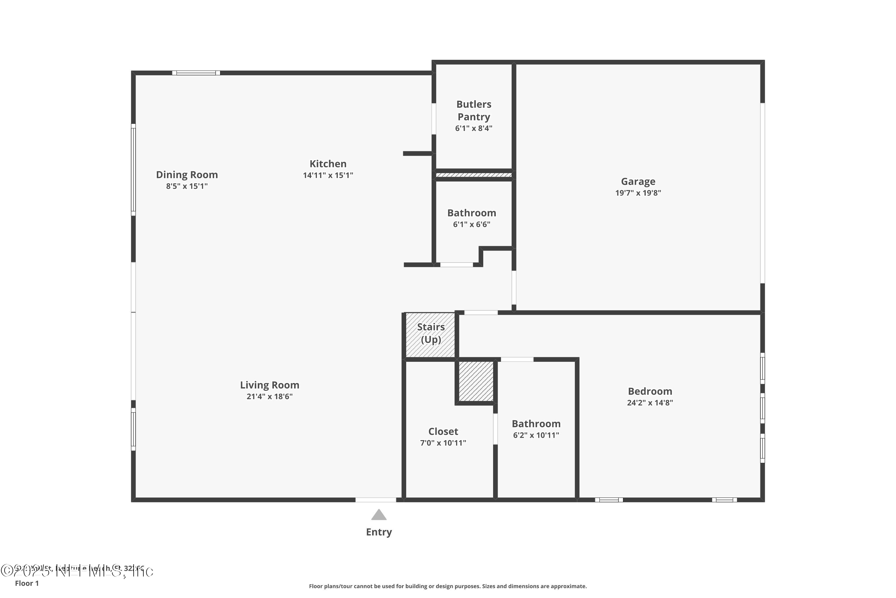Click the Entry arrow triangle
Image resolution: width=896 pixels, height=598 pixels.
pyautogui.click(x=379, y=515)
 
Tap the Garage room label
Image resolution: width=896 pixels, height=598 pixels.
pyautogui.click(x=638, y=181)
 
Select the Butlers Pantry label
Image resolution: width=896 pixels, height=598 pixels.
pyautogui.click(x=473, y=111)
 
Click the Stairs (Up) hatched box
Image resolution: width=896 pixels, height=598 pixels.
pyautogui.click(x=430, y=335)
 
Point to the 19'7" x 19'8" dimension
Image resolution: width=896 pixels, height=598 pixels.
pyautogui.click(x=638, y=193)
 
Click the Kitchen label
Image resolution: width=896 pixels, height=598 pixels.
pyautogui.click(x=328, y=164)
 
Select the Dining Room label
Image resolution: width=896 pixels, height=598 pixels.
pyautogui.click(x=187, y=175)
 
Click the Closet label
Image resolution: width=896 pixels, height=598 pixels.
pyautogui.click(x=443, y=431)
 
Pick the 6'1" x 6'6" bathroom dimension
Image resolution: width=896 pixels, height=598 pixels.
pyautogui.click(x=471, y=225)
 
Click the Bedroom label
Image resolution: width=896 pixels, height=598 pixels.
pyautogui.click(x=650, y=391)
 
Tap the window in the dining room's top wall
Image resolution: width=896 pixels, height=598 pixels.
pyautogui.click(x=196, y=73)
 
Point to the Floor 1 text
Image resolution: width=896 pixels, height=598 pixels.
pyautogui.click(x=27, y=583)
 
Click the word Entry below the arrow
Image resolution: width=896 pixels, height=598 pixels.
pyautogui.click(x=379, y=532)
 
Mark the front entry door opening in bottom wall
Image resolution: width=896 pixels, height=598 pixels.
pyautogui.click(x=376, y=500)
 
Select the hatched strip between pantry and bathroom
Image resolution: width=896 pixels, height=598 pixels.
pyautogui.click(x=473, y=175)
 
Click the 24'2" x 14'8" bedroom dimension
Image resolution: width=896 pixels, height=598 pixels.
pyautogui.click(x=650, y=403)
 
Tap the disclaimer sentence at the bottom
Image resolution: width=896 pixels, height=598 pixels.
pyautogui.click(x=448, y=586)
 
